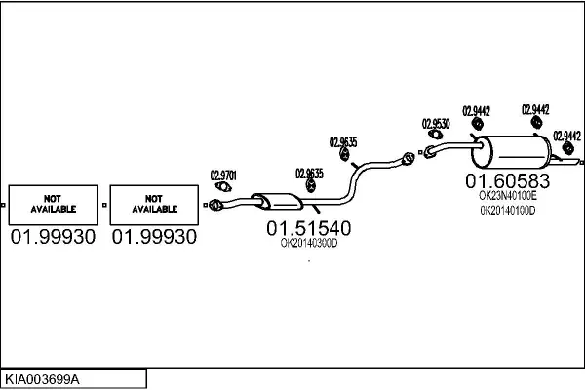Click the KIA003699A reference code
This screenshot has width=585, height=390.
click(43, 377)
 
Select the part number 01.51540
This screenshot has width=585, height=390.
click(308, 228)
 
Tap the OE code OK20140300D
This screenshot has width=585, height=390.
click(308, 244)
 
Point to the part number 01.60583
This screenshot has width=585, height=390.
click(507, 180)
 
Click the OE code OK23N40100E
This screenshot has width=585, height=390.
click(508, 196)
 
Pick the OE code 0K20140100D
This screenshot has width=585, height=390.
click(508, 211)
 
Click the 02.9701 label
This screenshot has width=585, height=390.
click(223, 176)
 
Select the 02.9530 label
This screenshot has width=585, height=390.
click(435, 124)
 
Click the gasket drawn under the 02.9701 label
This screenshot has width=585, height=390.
click(223, 188)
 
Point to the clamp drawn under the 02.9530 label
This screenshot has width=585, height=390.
click(430, 150)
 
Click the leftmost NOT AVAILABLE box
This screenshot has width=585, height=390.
click(53, 203)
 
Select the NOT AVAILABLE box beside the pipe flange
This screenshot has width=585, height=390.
click(154, 203)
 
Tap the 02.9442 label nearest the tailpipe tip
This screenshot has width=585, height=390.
click(566, 136)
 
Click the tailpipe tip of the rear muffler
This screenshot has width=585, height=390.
click(578, 160)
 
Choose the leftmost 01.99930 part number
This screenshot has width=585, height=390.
click(53, 237)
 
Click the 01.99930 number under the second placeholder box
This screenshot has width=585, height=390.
click(154, 237)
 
